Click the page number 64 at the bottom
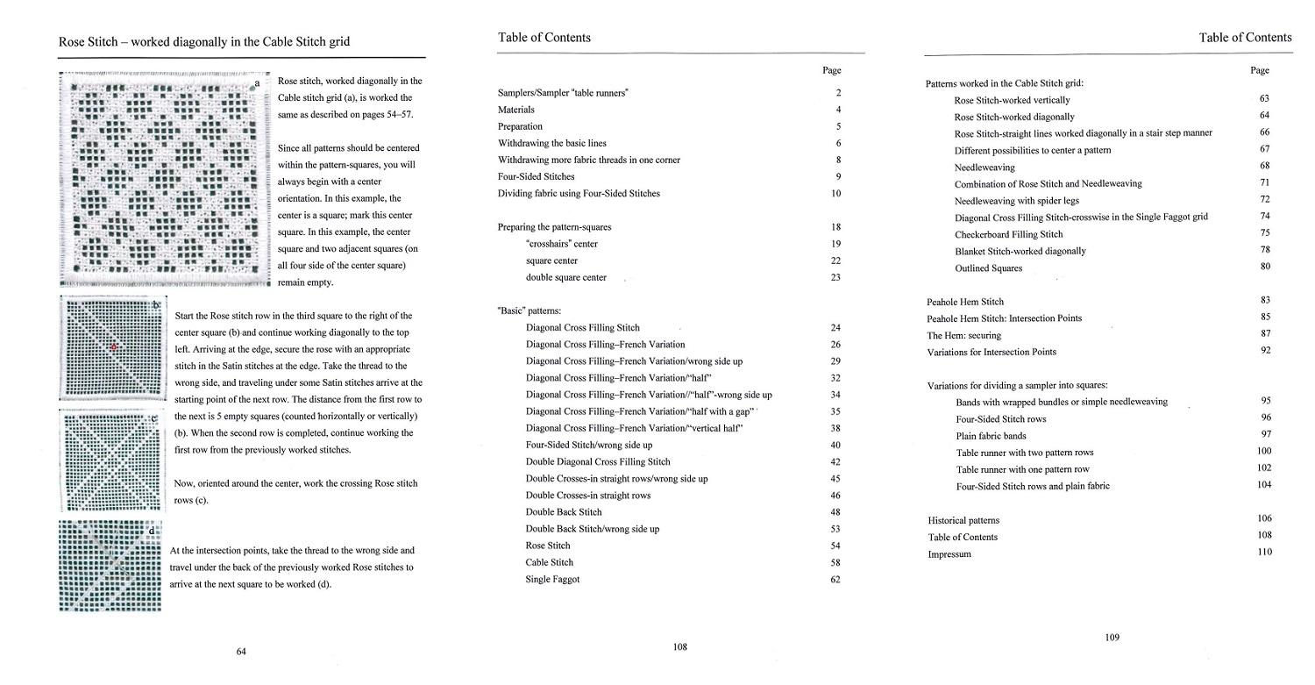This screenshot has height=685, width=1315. pos(241,651)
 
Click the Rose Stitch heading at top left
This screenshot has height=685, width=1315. pos(205,41)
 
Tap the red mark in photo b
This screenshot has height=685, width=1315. pos(113,348)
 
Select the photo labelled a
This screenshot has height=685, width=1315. pos(164,179)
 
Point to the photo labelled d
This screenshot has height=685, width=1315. pos(110,566)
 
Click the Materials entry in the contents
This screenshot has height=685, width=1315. pos(516,110)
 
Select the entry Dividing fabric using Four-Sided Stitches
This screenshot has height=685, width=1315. pos(579,193)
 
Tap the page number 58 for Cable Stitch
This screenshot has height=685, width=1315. pos(835,562)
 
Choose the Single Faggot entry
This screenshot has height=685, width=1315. pos(552,579)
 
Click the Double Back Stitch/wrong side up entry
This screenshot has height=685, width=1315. pos(593,529)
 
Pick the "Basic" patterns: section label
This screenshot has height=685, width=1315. pos(530,310)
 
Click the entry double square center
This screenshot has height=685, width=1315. pos(566,277)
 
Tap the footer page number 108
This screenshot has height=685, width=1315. pos(680,647)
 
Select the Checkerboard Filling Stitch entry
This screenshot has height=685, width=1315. pos(1008,234)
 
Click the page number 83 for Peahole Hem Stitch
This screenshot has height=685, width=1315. pos(1264,300)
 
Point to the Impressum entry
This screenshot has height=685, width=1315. pos(949,554)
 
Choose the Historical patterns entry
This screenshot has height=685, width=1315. pos(963,520)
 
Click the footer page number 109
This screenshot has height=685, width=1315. pos(1112,638)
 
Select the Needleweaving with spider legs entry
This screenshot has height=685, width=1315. pos(1017,200)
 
